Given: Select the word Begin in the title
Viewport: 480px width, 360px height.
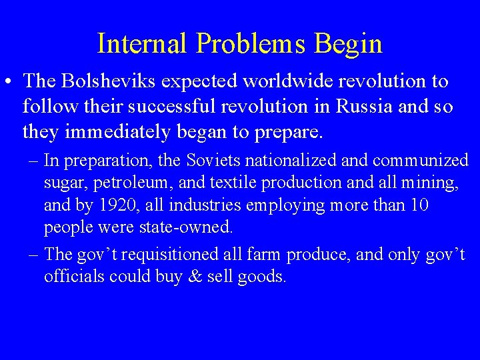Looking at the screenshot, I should pyautogui.click(x=353, y=44).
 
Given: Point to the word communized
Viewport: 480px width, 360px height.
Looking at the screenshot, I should pyautogui.click(x=420, y=161).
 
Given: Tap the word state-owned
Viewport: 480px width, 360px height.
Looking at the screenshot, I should pyautogui.click(x=186, y=227).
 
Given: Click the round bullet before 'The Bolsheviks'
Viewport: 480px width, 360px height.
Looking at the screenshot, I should pyautogui.click(x=9, y=83).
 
